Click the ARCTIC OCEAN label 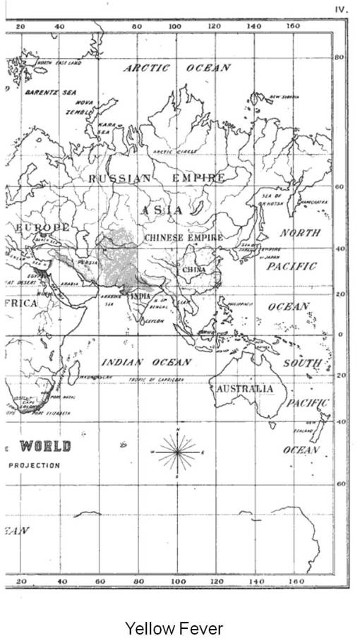coord(177,68)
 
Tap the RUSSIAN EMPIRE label coord(157,179)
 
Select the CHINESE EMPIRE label coord(184,239)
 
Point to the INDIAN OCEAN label coord(146,362)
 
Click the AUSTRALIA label coord(245,389)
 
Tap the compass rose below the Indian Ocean coord(178,450)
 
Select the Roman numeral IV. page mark coord(342,11)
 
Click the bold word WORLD coord(45,446)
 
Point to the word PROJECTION coord(34,466)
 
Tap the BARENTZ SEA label coord(41,92)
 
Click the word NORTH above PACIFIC coord(300,233)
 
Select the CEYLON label coord(155,321)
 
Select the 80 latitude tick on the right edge coord(339,57)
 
